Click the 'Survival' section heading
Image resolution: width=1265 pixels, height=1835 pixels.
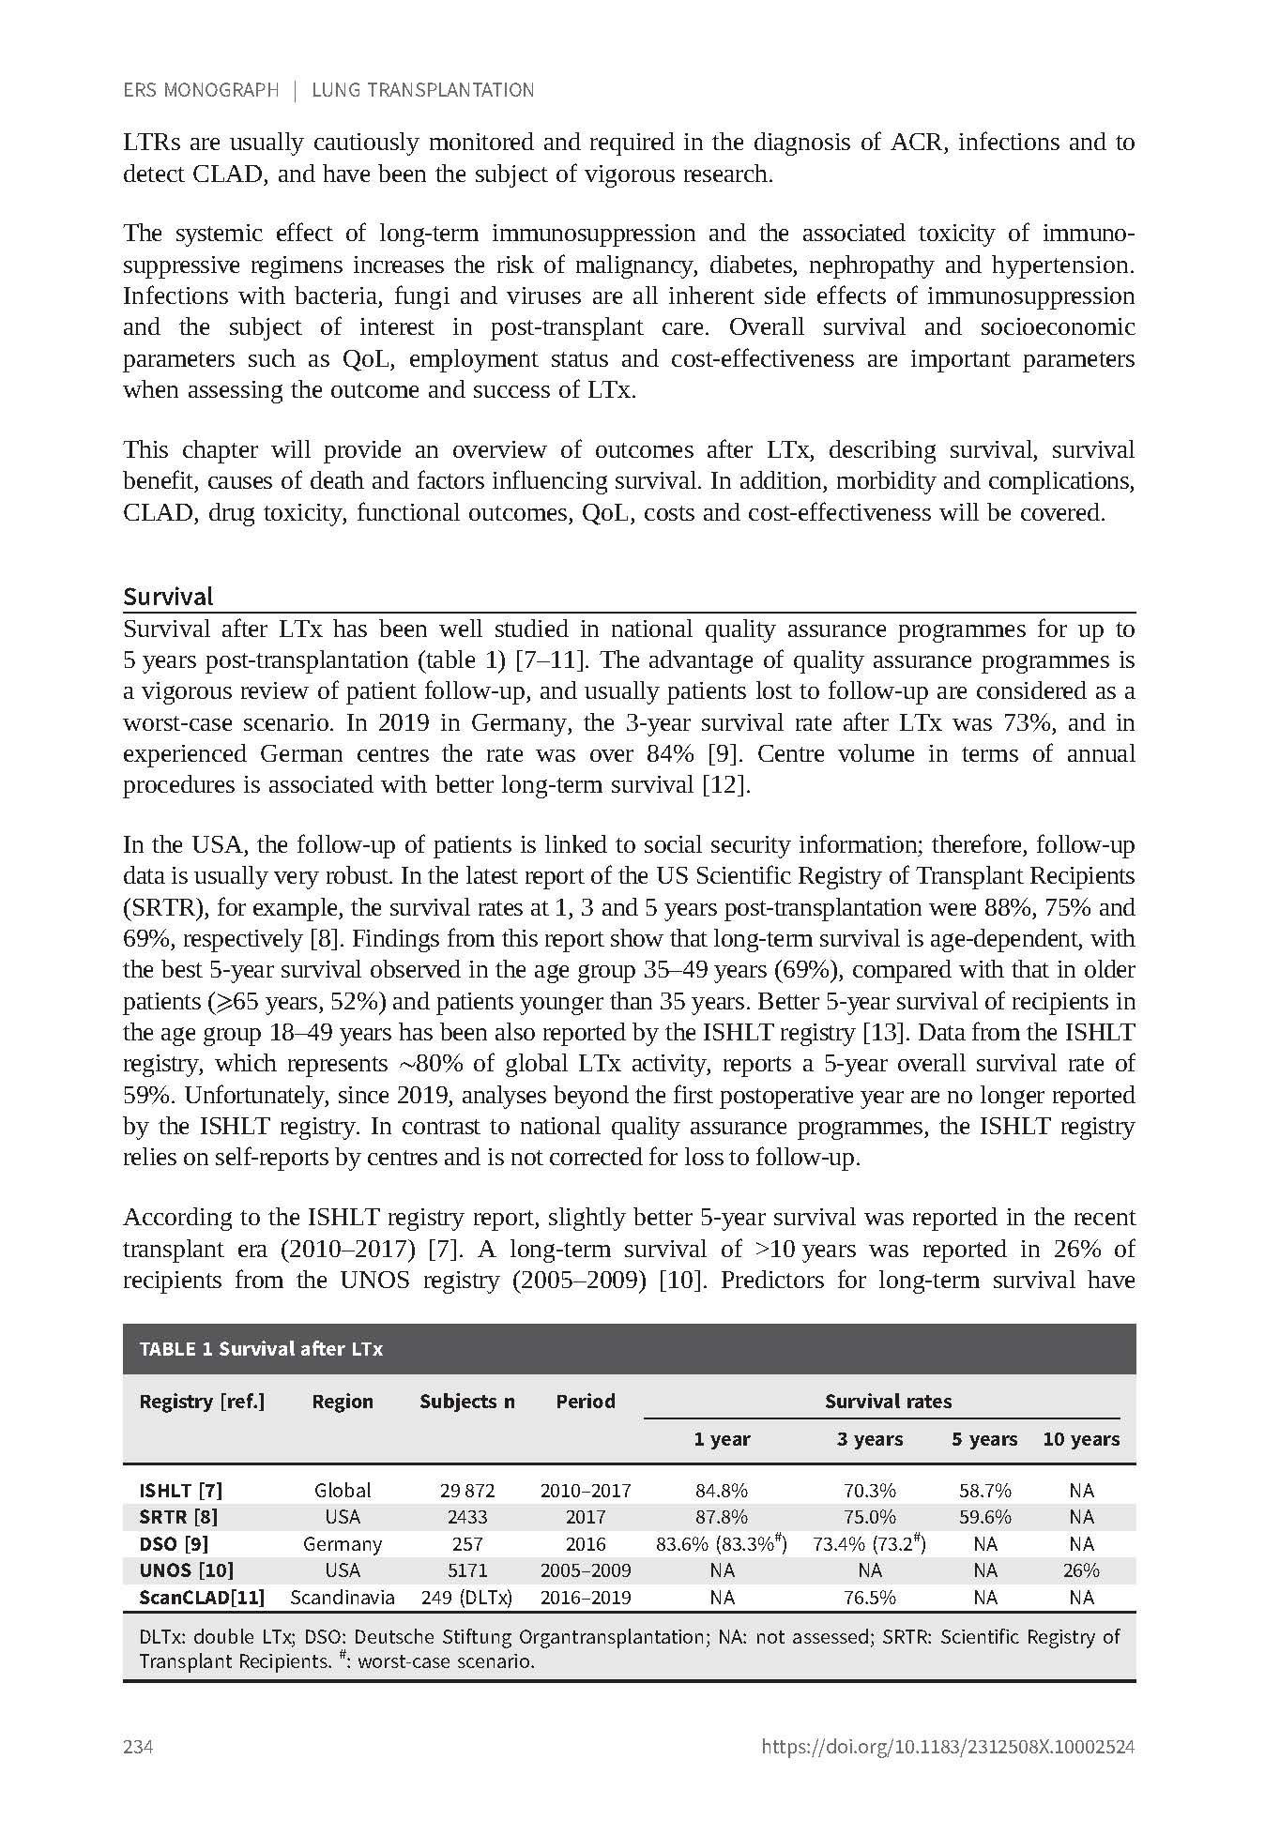(x=168, y=597)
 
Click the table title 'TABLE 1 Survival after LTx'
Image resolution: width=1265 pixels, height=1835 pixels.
(x=261, y=1349)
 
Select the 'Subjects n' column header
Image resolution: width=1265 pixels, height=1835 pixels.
(x=466, y=1402)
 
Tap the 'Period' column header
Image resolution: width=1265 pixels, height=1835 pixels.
(x=586, y=1402)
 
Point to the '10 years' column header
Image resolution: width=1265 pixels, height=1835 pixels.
(x=1081, y=1439)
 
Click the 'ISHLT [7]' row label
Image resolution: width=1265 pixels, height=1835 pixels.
(x=181, y=1491)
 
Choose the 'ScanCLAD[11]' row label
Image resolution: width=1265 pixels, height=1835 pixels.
(x=202, y=1598)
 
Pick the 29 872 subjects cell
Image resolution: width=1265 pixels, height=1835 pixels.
(x=466, y=1491)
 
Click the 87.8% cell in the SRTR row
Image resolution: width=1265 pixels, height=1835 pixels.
(x=722, y=1517)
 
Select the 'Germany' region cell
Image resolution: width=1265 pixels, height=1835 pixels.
(x=343, y=1544)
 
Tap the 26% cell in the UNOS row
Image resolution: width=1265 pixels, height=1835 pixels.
(x=1081, y=1570)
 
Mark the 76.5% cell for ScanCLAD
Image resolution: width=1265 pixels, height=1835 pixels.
(x=870, y=1598)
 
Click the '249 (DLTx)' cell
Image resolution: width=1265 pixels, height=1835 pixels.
(x=466, y=1598)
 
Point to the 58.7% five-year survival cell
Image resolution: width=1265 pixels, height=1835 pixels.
(x=984, y=1491)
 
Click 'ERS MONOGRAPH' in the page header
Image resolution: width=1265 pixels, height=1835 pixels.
(x=201, y=90)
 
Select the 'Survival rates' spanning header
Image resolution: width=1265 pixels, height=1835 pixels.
(x=888, y=1402)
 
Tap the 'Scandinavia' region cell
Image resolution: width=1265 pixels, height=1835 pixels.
(x=343, y=1598)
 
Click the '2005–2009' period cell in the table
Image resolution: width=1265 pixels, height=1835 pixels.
(x=586, y=1570)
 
